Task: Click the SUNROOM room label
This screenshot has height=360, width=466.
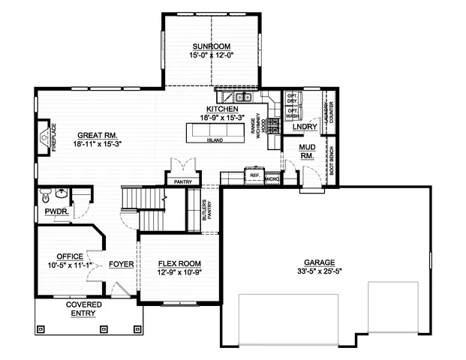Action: (211, 46)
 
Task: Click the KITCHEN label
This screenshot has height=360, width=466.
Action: (222, 109)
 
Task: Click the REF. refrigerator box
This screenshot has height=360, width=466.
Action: (254, 176)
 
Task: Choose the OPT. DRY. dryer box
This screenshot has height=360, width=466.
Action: (293, 99)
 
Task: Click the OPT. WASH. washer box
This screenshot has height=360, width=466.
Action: (293, 114)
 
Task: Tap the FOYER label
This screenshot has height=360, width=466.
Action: (122, 264)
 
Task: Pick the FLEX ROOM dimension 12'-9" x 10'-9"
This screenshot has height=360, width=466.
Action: (179, 272)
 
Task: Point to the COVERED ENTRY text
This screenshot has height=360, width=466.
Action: (83, 309)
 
